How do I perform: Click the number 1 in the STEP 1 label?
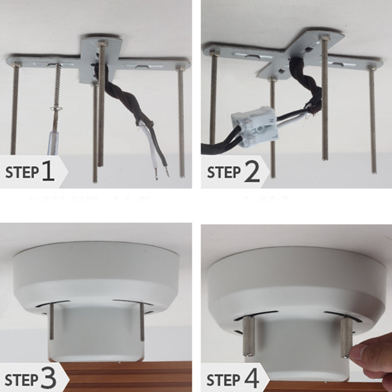coord(48,172)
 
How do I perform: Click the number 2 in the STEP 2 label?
coord(252,172)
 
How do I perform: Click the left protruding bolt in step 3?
coord(51,321)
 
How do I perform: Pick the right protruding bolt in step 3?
coord(143,321)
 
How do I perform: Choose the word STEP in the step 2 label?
coord(224,173)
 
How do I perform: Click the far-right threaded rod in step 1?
coord(181,122)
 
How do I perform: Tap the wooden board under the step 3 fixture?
coord(122,377)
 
